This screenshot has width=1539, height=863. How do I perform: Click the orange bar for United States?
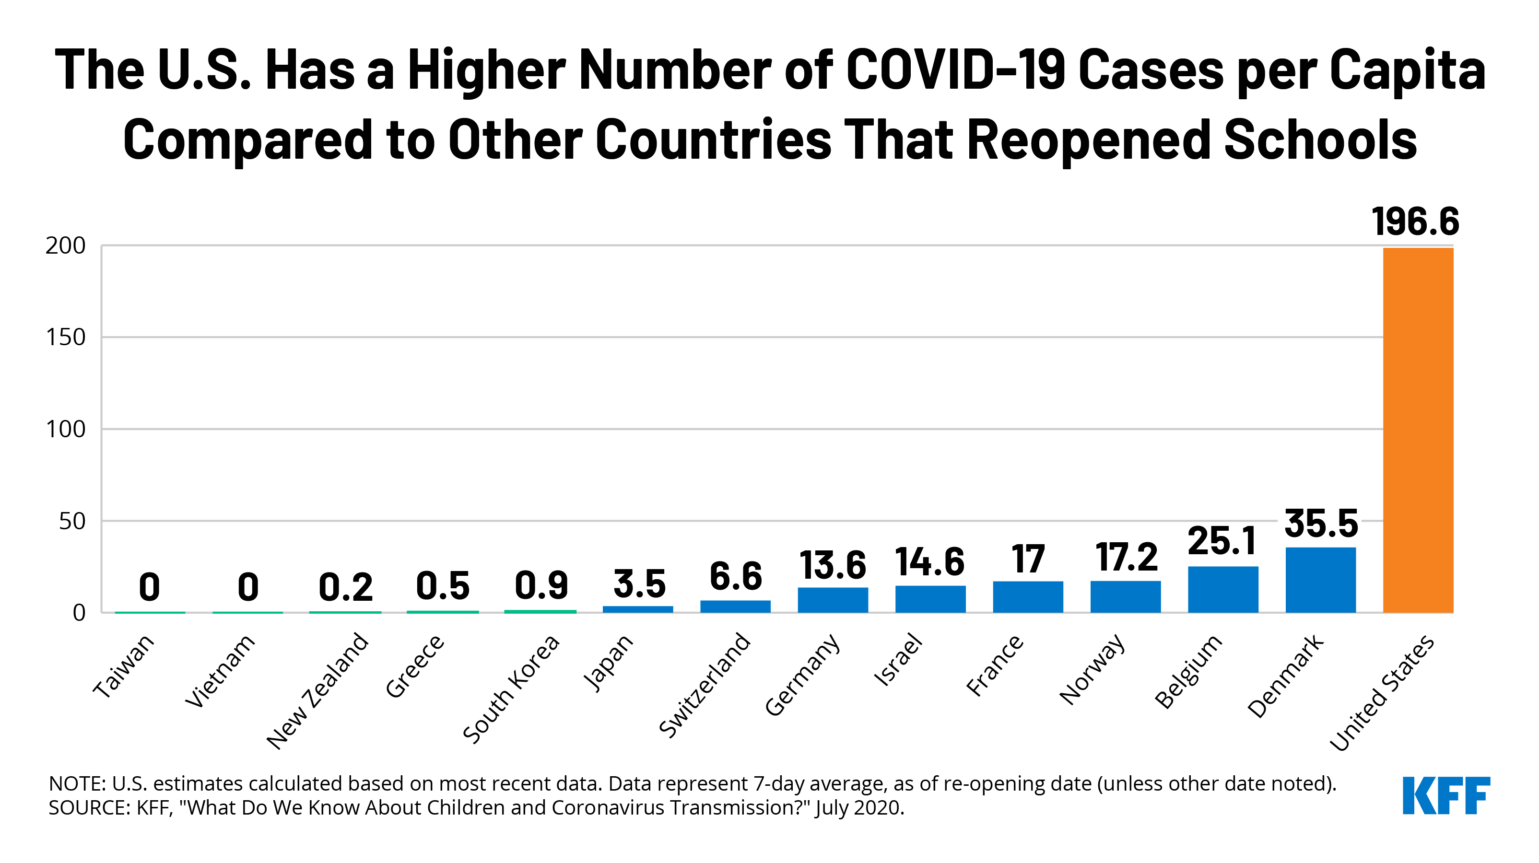(1417, 430)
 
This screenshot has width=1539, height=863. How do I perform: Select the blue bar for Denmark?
(1320, 579)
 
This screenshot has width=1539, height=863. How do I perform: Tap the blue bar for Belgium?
(1222, 589)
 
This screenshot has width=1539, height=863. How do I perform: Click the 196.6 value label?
(1415, 222)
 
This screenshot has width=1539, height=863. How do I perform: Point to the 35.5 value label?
(1321, 524)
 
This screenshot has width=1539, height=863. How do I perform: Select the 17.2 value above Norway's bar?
(1127, 558)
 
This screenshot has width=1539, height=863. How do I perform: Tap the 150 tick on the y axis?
(66, 338)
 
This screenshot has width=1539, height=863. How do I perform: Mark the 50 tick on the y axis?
(72, 521)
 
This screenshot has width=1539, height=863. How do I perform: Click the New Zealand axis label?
(318, 690)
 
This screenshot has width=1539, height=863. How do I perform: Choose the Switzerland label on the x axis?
(705, 685)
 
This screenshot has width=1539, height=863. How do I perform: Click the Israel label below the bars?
(898, 660)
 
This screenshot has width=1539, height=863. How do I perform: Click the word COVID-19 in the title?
(955, 70)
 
